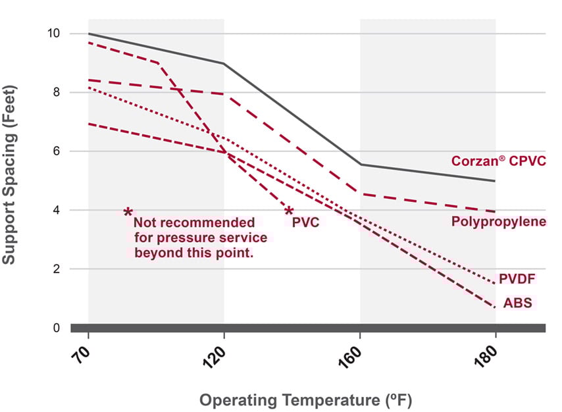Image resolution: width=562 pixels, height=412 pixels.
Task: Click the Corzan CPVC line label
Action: (x=498, y=161)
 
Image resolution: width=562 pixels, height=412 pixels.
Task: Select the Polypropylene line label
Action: (x=498, y=221)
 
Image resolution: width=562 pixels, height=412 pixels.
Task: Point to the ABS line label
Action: (x=518, y=303)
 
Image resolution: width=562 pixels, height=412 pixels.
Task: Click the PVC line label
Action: (x=305, y=222)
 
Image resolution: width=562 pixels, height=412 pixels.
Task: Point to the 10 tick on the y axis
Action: (x=54, y=33)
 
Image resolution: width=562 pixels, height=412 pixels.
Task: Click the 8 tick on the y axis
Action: (x=57, y=92)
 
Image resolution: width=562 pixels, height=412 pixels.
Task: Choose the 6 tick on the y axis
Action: (x=57, y=151)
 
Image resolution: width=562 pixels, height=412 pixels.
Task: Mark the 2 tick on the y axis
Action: (x=57, y=269)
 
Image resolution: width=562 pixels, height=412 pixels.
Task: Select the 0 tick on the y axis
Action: (x=57, y=328)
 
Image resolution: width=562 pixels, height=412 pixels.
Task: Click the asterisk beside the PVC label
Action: (x=288, y=212)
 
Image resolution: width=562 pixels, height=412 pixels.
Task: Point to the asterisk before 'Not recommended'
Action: (x=128, y=213)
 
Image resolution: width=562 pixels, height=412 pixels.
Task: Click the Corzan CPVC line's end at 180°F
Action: (x=494, y=181)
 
